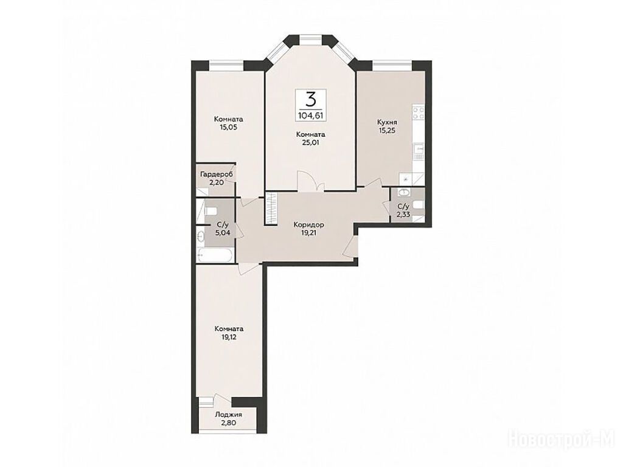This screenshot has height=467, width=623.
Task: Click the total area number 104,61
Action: coord(310,116)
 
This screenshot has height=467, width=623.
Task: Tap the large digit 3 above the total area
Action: coord(311,99)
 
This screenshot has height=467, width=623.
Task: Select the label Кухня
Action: coord(388,122)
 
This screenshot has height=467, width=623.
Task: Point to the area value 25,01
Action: coord(310,142)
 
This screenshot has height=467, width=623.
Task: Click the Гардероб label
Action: coord(217,175)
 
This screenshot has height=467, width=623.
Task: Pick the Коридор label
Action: coord(308,225)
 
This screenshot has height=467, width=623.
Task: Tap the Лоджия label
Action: coord(229,415)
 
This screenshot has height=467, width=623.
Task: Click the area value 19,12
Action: coord(229,337)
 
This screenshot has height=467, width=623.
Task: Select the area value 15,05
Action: coord(228,127)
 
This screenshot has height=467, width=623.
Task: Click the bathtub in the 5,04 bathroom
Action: coord(214,255)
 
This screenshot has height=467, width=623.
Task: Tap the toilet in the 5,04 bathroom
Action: coord(210,210)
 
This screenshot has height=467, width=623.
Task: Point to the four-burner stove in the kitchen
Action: coord(419,112)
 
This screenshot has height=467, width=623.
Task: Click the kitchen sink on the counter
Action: coord(419,150)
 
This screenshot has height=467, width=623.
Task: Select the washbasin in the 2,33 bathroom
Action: coord(404,193)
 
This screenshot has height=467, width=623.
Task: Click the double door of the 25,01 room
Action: coord(310,181)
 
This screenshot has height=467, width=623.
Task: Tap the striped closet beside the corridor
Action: coord(271,209)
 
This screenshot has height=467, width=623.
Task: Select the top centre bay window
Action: coord(310,38)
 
